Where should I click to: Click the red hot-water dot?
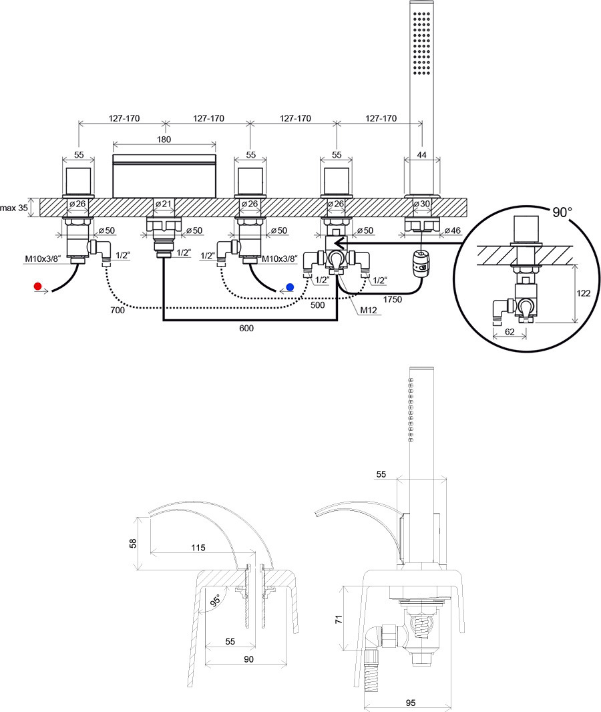[38, 287]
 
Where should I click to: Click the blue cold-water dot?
[289, 287]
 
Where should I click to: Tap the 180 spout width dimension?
[164, 140]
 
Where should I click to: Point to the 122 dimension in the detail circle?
[583, 293]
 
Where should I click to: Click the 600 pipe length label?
[246, 328]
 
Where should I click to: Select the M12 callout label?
[370, 310]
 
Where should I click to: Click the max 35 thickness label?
[14, 208]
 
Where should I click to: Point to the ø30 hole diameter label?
[422, 204]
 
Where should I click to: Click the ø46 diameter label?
[451, 230]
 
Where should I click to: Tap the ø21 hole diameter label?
[163, 204]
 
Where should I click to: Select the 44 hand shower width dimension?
[421, 154]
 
